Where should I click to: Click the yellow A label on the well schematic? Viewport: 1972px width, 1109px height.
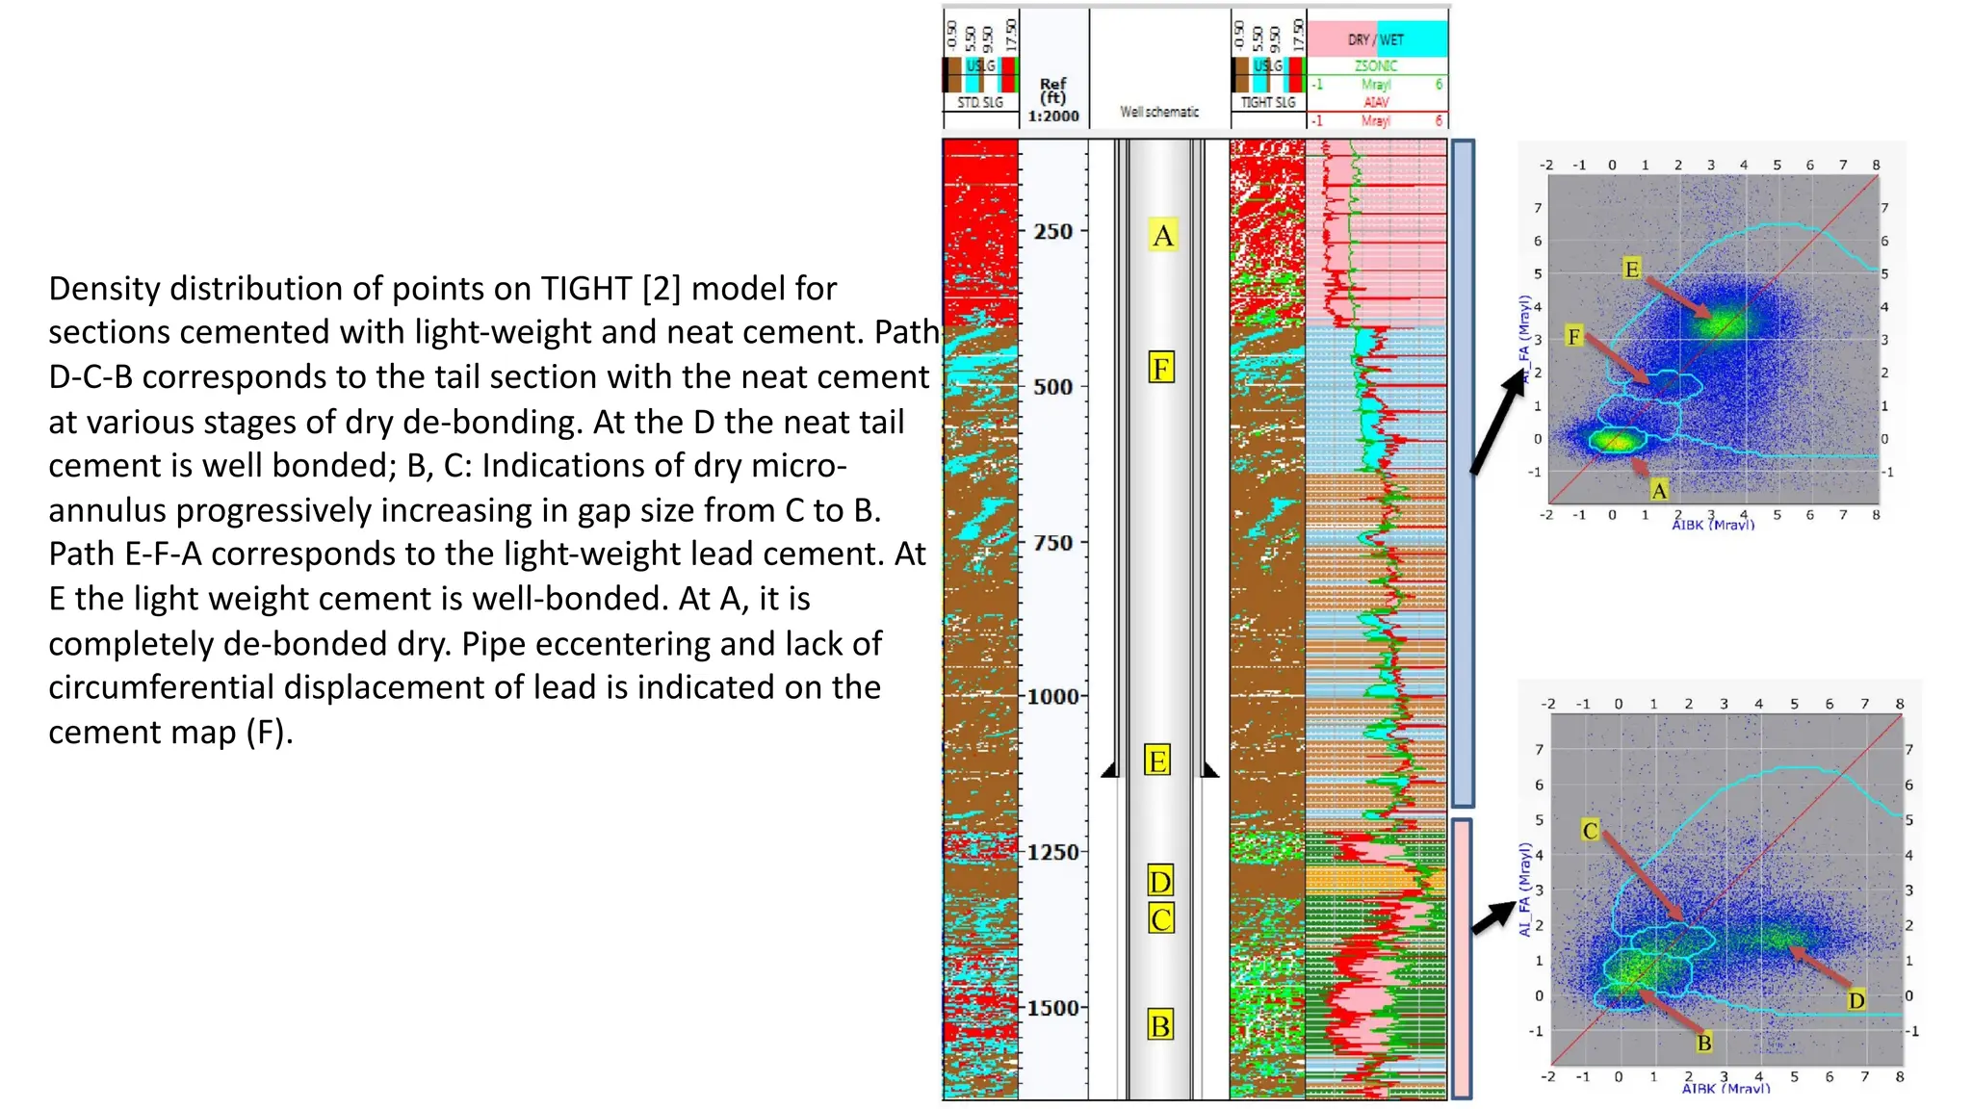pos(1163,235)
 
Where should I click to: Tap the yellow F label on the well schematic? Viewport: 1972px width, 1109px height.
pos(1161,368)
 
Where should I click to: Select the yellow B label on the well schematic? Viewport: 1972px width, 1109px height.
pos(1160,1025)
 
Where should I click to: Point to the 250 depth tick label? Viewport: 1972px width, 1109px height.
pos(1052,232)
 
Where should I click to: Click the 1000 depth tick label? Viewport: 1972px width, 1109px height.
pos(1052,697)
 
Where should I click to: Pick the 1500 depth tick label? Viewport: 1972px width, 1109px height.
pos(1052,1008)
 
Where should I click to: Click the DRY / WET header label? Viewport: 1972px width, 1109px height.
pos(1376,39)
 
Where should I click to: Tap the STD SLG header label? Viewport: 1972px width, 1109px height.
pos(980,102)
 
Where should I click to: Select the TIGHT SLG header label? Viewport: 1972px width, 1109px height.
pos(1268,102)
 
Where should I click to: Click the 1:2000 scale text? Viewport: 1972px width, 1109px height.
pos(1053,116)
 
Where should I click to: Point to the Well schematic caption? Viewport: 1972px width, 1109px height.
pos(1159,112)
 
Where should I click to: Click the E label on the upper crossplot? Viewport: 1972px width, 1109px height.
pos(1631,269)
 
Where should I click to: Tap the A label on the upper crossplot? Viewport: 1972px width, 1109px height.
pos(1659,491)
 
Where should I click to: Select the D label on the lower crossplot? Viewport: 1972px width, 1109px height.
pos(1856,1000)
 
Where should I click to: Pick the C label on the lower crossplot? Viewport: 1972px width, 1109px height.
pos(1590,830)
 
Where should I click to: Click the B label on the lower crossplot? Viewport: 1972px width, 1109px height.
pos(1704,1043)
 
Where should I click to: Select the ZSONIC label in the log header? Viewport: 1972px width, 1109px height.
pos(1376,65)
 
